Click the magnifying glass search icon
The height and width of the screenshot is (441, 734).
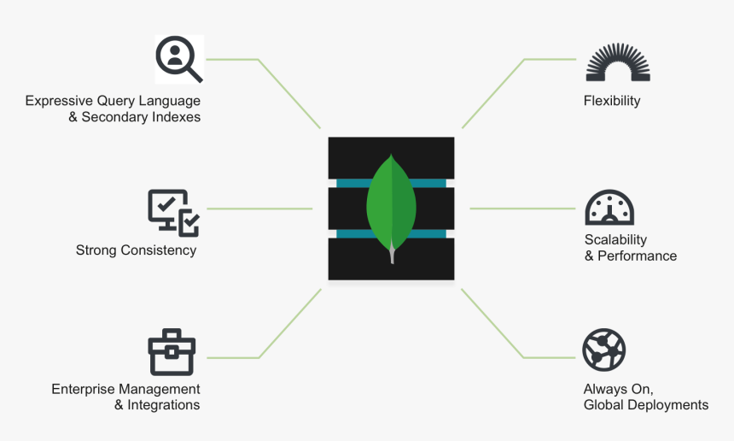tap(178, 60)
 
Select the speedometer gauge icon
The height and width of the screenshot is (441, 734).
tap(609, 208)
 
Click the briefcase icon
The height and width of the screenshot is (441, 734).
tap(172, 352)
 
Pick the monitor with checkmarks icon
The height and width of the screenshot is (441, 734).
tap(173, 212)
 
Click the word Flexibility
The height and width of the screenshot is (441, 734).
tap(611, 101)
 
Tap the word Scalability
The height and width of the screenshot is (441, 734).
tap(615, 239)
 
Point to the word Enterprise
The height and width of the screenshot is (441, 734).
tap(83, 389)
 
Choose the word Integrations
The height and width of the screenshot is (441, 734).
tap(164, 405)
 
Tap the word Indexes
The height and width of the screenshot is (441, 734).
tap(176, 117)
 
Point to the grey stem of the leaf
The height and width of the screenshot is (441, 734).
tap(392, 254)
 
